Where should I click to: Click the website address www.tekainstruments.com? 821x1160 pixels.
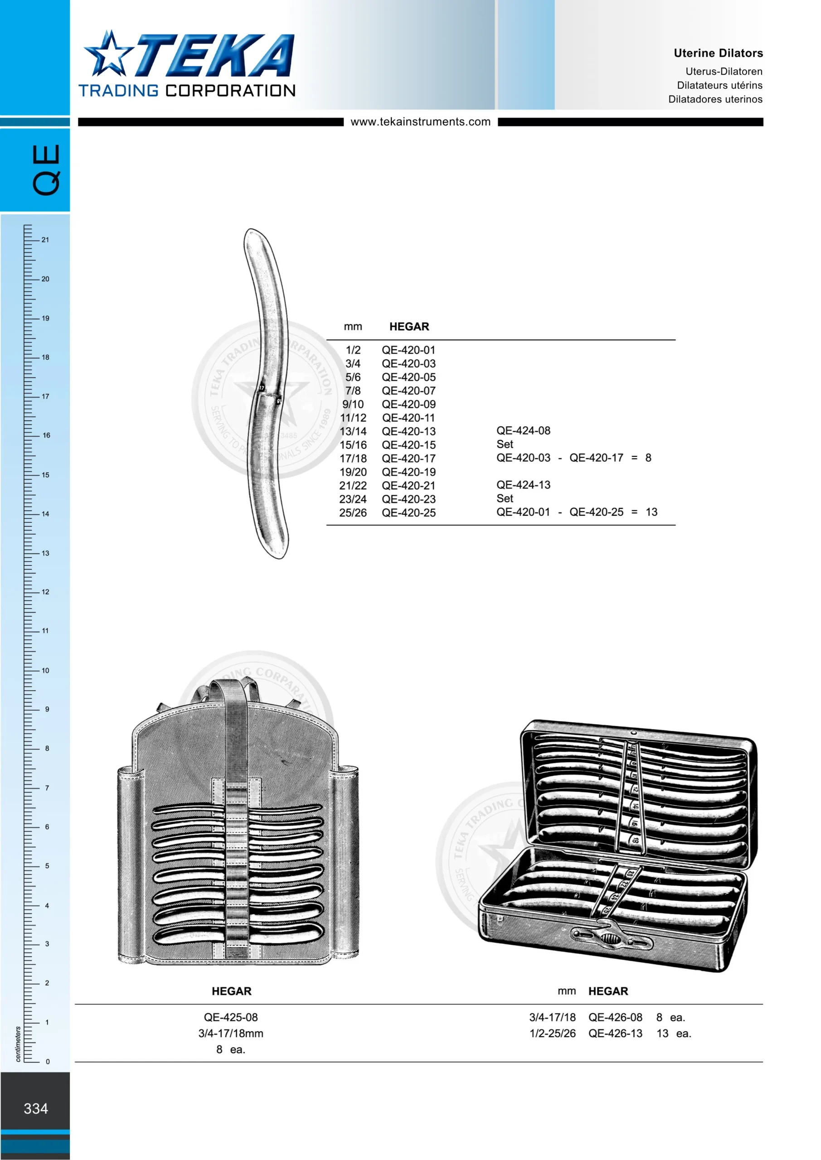pos(421,122)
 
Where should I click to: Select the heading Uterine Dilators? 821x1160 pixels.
pos(718,53)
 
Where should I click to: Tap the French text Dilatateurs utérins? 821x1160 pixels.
pos(719,85)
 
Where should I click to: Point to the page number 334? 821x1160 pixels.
pos(36,1108)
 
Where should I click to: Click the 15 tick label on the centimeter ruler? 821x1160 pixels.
pos(45,474)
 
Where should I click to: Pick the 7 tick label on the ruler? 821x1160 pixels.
pos(47,788)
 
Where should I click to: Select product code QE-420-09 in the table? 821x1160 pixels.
pos(408,404)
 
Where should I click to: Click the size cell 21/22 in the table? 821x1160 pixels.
pos(353,485)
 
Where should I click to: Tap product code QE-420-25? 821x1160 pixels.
pos(408,513)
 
